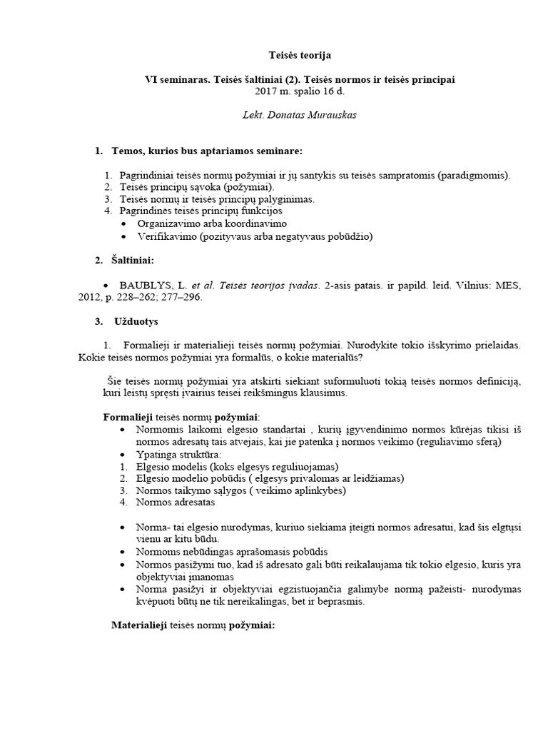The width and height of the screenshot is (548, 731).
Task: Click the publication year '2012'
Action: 91,298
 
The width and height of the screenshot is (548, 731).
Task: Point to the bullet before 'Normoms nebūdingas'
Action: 125,552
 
